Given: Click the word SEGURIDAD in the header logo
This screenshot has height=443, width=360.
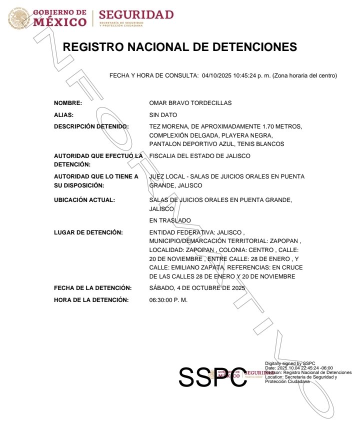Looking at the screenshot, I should click(136, 14).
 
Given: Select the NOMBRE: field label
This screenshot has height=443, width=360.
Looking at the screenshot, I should click(68, 103).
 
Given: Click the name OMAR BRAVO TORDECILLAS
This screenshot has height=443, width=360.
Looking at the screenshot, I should click(190, 103).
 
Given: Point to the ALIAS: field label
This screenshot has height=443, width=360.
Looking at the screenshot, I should click(63, 115).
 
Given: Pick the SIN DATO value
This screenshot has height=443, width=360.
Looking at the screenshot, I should click(163, 115).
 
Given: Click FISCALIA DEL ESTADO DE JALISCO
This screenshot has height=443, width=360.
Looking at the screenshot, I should click(200, 156).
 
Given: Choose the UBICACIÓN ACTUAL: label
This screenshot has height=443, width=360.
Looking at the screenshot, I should click(84, 200).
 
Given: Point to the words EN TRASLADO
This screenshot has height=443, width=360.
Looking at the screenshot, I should click(170, 220).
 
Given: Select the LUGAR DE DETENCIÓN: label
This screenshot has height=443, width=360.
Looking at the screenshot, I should click(88, 232).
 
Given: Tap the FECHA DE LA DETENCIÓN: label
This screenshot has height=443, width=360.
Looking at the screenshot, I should click(92, 288).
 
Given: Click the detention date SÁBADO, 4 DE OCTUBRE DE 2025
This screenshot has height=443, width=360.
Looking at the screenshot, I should click(197, 288).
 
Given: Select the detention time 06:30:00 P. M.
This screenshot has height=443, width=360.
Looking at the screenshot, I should click(168, 300).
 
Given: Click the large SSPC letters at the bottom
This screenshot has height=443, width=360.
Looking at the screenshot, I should click(213, 377).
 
